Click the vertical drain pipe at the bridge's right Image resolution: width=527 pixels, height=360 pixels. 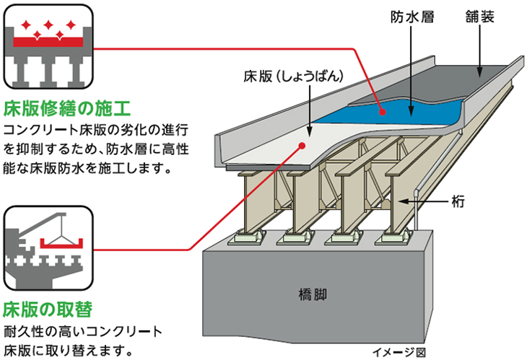coord(417,209)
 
